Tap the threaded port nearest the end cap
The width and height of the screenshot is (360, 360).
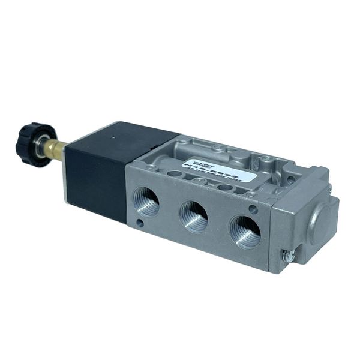(x=244, y=230)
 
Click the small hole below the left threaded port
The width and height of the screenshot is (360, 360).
(x=139, y=223)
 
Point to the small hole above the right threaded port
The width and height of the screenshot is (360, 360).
(x=254, y=209)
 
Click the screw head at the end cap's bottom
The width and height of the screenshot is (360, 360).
(x=289, y=256)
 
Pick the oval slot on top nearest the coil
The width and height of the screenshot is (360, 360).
(x=175, y=173)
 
